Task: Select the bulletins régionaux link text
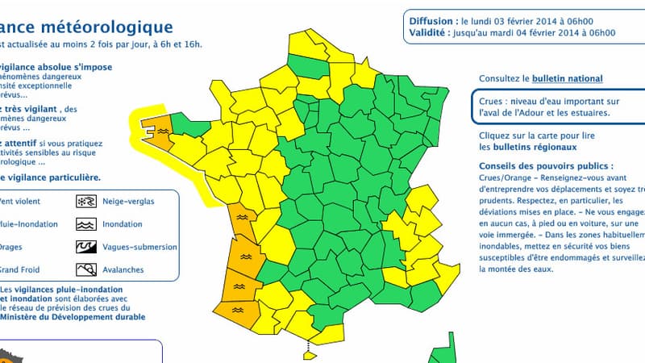tap(539, 147)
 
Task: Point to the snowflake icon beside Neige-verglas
tap(85, 201)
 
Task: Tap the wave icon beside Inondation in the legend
tap(85, 224)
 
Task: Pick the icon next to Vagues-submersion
tap(85, 247)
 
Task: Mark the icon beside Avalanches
tap(85, 270)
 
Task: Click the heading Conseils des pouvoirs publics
tap(544, 164)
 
